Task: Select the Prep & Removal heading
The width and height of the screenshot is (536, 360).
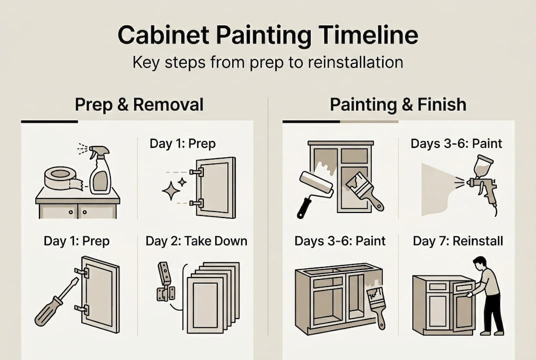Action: click(139, 104)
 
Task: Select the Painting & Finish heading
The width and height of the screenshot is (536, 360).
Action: click(398, 104)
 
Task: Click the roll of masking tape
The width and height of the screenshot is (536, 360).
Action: click(60, 178)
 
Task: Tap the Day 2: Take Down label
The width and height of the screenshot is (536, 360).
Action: click(196, 241)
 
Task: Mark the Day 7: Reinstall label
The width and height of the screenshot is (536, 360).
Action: click(458, 241)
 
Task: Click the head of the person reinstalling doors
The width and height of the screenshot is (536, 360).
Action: click(480, 262)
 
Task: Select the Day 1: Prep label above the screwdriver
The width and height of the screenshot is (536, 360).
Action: click(76, 241)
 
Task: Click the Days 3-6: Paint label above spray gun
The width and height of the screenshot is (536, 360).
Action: click(456, 144)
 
